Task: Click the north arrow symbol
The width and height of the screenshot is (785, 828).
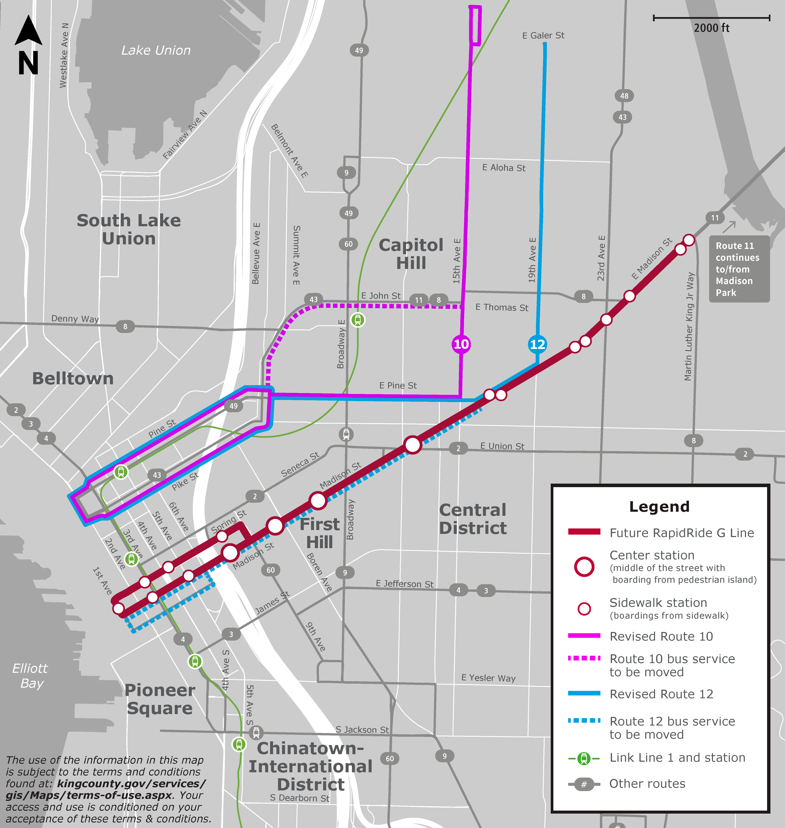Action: [x=28, y=45]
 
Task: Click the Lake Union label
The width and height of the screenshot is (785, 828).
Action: [x=156, y=50]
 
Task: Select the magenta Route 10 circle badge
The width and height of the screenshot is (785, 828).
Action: [x=461, y=344]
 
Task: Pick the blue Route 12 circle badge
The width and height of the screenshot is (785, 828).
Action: [x=537, y=344]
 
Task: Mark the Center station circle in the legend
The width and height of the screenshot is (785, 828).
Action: [x=584, y=567]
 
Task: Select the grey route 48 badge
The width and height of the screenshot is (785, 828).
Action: [x=624, y=96]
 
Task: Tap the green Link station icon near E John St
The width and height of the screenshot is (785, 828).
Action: [x=357, y=320]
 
